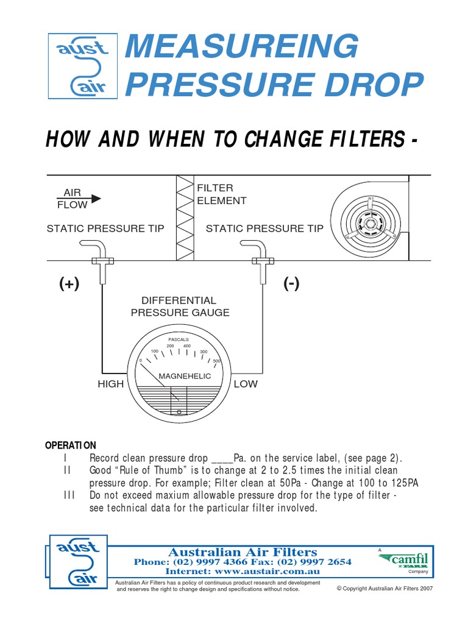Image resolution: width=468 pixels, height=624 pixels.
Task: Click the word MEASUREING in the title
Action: [x=241, y=48]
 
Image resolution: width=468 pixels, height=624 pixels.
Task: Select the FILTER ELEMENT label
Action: [x=221, y=194]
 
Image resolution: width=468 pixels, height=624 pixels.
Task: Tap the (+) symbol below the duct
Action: [x=69, y=284]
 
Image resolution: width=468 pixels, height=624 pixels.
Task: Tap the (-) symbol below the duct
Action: [x=291, y=284]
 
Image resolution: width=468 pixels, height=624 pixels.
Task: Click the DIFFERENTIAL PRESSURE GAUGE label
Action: [x=180, y=307]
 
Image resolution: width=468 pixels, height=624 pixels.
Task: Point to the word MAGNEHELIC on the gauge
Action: [x=185, y=376]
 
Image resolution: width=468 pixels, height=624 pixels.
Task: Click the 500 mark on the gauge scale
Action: [x=216, y=361]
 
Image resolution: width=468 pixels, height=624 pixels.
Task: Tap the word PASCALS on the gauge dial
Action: [x=179, y=339]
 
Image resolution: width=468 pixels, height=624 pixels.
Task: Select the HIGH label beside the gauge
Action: [x=110, y=384]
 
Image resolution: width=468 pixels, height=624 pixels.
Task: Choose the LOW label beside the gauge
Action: [x=246, y=384]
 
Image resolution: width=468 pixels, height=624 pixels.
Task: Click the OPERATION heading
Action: [x=71, y=445]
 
